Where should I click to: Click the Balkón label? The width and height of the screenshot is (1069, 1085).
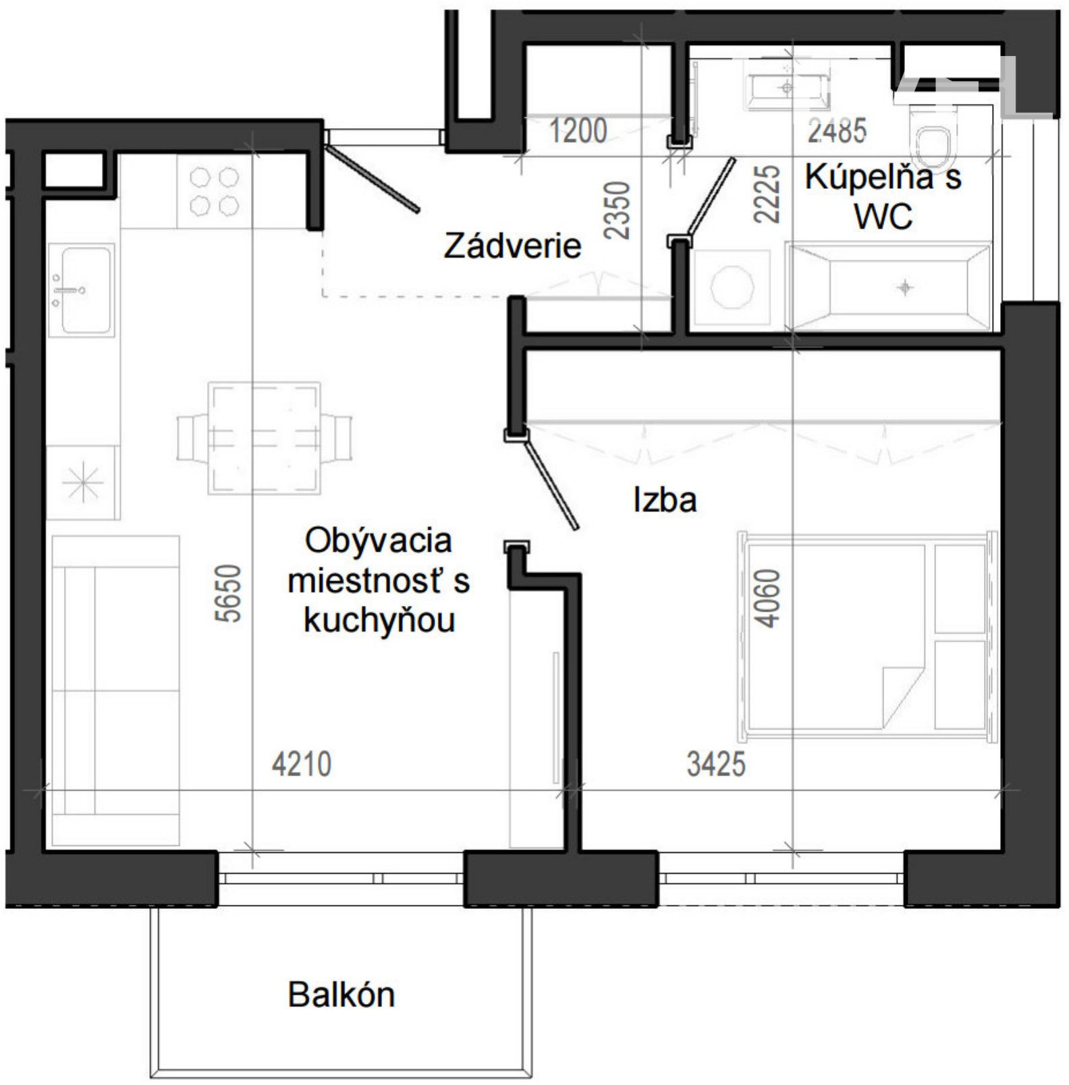coord(341,995)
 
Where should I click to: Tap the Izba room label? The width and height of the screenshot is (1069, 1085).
coord(665,501)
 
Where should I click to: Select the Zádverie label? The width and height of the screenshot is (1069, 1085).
coord(512,246)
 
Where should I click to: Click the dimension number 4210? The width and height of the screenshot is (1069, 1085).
coord(302,765)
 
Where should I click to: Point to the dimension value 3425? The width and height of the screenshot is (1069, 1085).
coord(716,765)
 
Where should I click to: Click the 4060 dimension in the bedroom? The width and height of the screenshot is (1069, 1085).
coord(767,598)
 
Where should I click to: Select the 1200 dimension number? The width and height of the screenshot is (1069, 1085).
coord(578,130)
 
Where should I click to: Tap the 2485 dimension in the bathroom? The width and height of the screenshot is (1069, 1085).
coord(837,130)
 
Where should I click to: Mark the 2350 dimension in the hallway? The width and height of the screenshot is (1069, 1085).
coord(617,210)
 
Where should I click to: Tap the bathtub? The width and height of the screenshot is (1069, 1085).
coord(889,289)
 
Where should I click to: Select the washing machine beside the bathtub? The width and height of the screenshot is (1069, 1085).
coord(732,289)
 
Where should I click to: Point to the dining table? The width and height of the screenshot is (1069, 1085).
coord(264,438)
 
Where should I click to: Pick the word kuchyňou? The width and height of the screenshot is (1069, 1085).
coord(379,621)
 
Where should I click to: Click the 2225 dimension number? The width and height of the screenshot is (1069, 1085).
coord(767,194)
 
